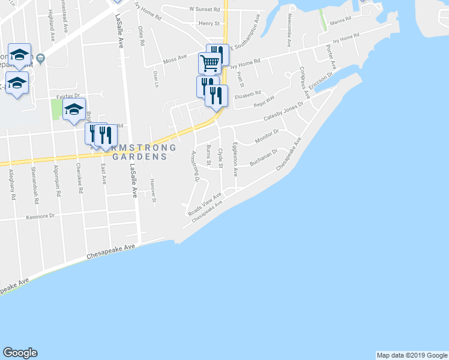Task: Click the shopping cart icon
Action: pyautogui.click(x=209, y=62)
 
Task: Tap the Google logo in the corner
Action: pyautogui.click(x=20, y=353)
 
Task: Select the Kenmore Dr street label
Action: pyautogui.click(x=40, y=217)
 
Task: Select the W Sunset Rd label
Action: pyautogui.click(x=202, y=10)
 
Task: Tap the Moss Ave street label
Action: pyautogui.click(x=175, y=62)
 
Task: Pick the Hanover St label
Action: pyautogui.click(x=154, y=190)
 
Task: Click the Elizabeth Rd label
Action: pyautogui.click(x=248, y=93)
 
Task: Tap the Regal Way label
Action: pyautogui.click(x=264, y=99)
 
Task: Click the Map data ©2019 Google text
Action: pyautogui.click(x=412, y=355)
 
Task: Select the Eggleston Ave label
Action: pyautogui.click(x=236, y=158)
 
